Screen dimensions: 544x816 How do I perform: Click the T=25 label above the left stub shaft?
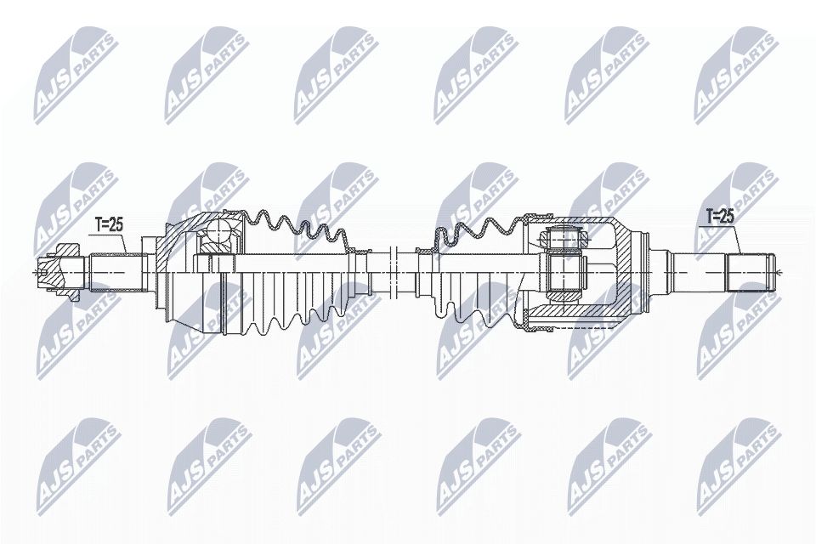click(109, 224)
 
